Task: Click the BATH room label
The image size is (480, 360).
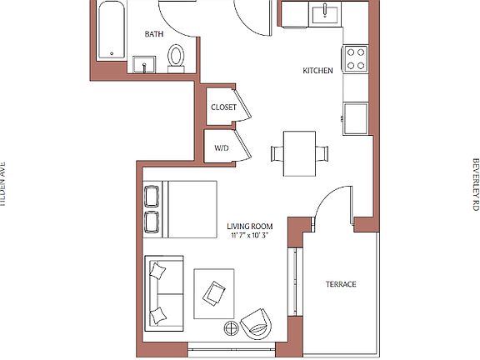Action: click(154, 34)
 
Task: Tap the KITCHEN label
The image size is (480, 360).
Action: click(317, 71)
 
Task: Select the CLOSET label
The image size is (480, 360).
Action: click(223, 107)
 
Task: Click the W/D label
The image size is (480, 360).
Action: click(221, 147)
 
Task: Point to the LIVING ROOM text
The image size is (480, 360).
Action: click(250, 226)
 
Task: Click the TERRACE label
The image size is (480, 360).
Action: click(340, 284)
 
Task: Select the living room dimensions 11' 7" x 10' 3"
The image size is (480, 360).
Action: click(250, 237)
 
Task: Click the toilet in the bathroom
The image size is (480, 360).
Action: click(176, 56)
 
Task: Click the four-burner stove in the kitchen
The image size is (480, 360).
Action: click(356, 57)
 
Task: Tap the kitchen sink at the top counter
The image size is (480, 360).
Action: click(323, 13)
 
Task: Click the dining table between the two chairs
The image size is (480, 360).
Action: click(299, 153)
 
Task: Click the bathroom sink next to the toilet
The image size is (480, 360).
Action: click(145, 65)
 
